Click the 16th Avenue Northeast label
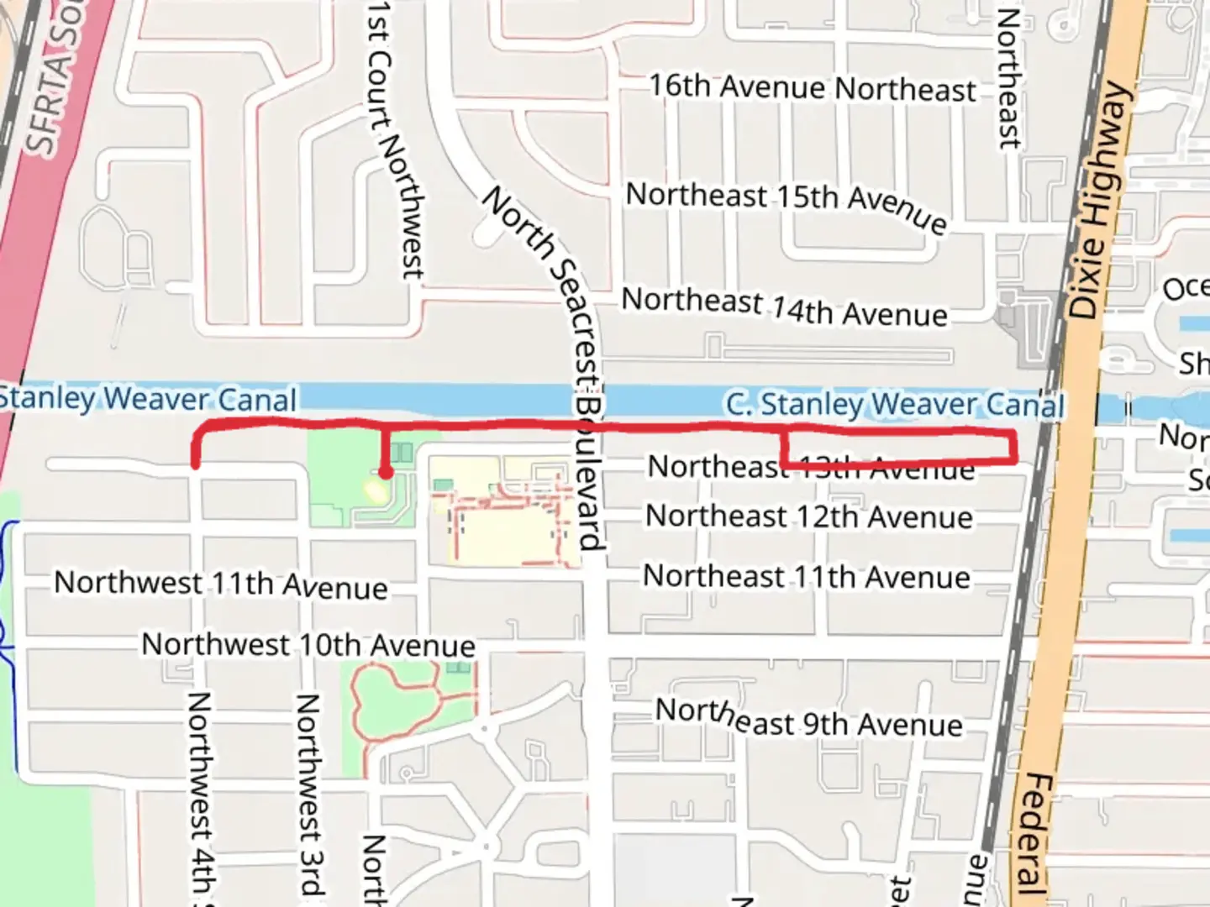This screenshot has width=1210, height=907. pyautogui.click(x=813, y=87)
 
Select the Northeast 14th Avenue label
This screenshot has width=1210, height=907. pyautogui.click(x=784, y=307)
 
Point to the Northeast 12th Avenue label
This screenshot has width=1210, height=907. pyautogui.click(x=808, y=516)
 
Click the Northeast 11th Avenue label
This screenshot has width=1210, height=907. pyautogui.click(x=807, y=577)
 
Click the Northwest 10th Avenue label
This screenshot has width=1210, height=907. pyautogui.click(x=308, y=645)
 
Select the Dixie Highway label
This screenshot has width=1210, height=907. pyautogui.click(x=1097, y=202)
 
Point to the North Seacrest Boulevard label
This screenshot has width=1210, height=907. pyautogui.click(x=555, y=353)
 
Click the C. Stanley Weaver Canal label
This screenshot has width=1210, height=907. pyautogui.click(x=894, y=405)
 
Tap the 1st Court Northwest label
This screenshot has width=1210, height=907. pyautogui.click(x=395, y=139)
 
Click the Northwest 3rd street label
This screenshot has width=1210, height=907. pyautogui.click(x=309, y=794)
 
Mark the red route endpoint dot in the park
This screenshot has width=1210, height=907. pyautogui.click(x=385, y=473)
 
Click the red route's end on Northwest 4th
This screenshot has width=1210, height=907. pyautogui.click(x=196, y=463)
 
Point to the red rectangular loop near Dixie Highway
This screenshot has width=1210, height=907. pyautogui.click(x=899, y=447)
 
